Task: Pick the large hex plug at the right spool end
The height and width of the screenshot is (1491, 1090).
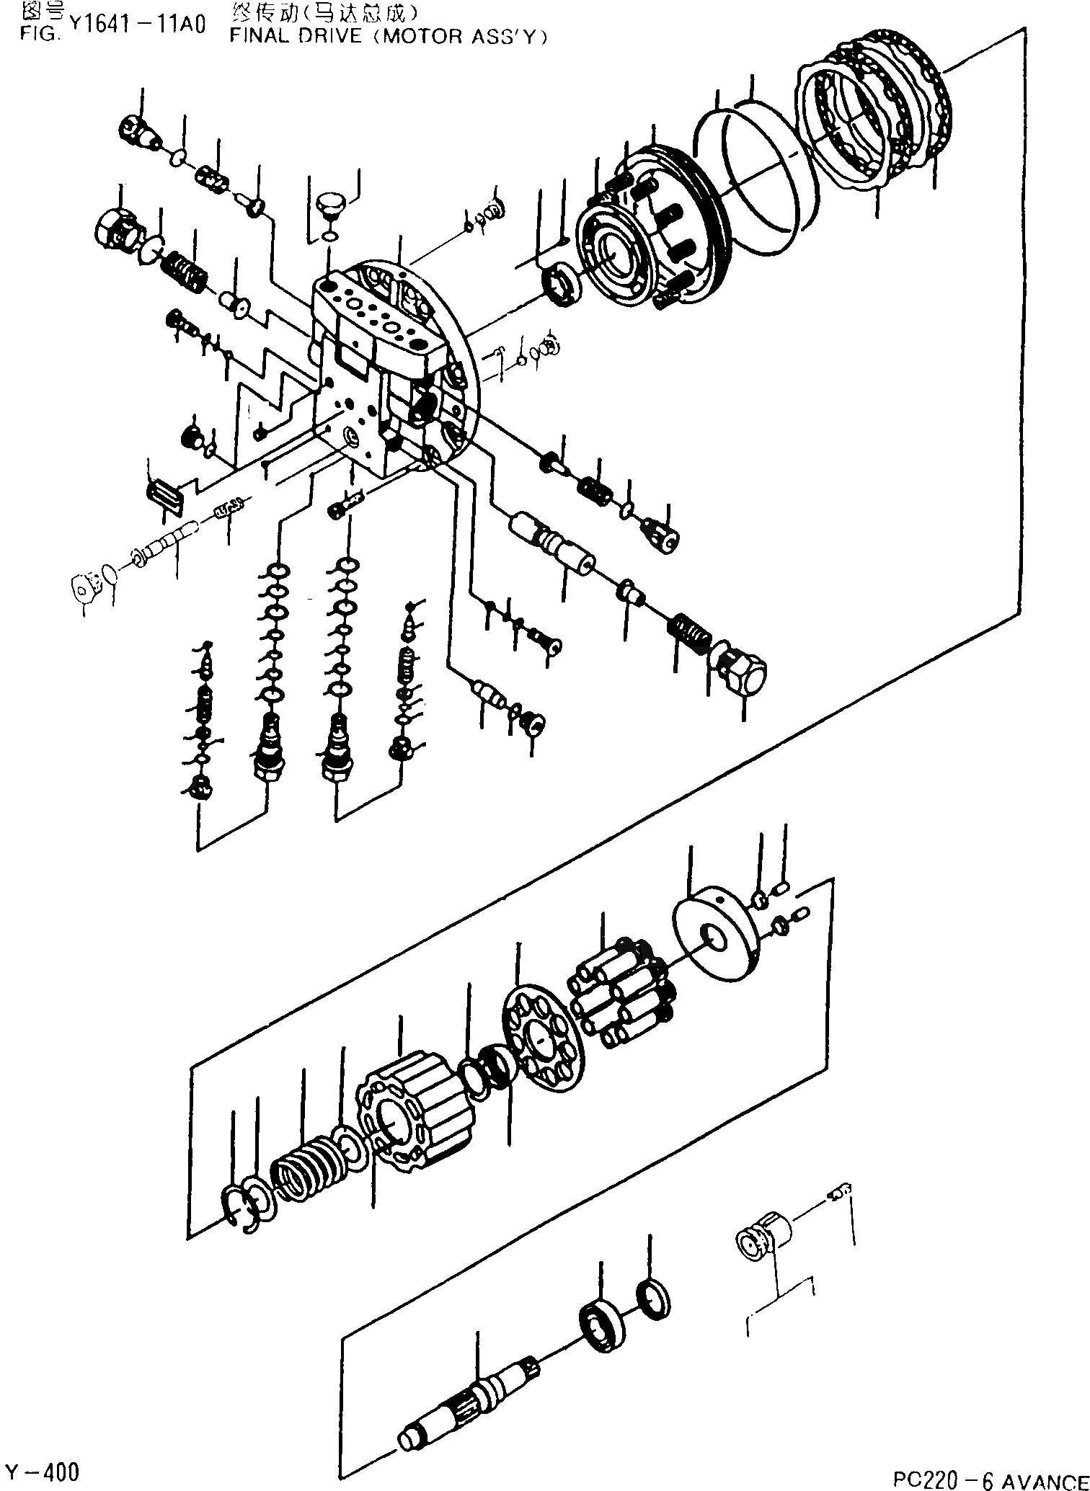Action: pyautogui.click(x=742, y=667)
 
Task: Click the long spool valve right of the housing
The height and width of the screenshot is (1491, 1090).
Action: pyautogui.click(x=551, y=545)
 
